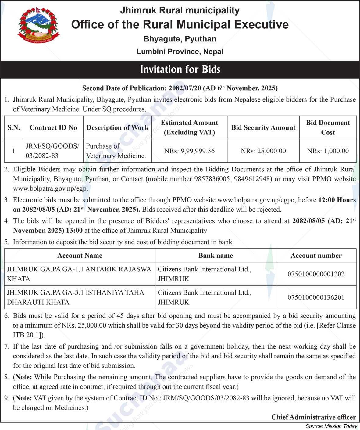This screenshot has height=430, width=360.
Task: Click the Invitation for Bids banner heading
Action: pos(180,70)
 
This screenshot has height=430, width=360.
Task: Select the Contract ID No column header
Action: pos(53,127)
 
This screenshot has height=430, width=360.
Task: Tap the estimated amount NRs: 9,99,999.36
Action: pos(189,151)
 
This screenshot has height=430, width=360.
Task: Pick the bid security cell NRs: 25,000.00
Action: pos(263,151)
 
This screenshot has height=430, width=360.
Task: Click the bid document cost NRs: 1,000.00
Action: pos(328,151)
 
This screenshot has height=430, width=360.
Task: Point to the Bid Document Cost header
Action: pos(328,127)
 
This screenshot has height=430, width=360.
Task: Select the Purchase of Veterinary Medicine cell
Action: pos(116,151)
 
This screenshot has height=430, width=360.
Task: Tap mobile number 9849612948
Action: pos(253,179)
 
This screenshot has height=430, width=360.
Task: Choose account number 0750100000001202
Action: pos(316,274)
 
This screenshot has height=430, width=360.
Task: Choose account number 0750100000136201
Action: pos(316,297)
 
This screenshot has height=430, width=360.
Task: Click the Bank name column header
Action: pos(216,256)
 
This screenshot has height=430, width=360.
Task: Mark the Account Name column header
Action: pos(80,256)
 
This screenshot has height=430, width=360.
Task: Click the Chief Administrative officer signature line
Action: pos(313,417)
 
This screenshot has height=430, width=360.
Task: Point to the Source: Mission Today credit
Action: pos(331,426)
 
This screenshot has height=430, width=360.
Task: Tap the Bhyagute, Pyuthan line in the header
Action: pos(180,39)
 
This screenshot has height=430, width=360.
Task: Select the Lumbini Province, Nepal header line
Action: pos(180,52)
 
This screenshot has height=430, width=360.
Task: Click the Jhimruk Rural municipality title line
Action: pos(180,10)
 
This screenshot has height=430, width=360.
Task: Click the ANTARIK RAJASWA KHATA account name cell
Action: pos(79,274)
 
